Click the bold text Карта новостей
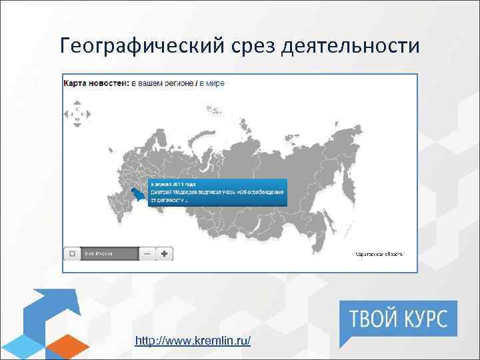[x=95, y=83]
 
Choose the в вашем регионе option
[x=161, y=83]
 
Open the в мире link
[x=213, y=83]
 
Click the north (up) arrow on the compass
[x=77, y=108]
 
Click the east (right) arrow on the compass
[x=83, y=113]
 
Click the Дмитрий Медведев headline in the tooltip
[x=217, y=191]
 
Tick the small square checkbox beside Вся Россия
[x=72, y=253]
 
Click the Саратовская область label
[x=379, y=254]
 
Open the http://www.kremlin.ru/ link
[x=193, y=341]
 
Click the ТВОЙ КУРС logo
[x=399, y=319]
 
